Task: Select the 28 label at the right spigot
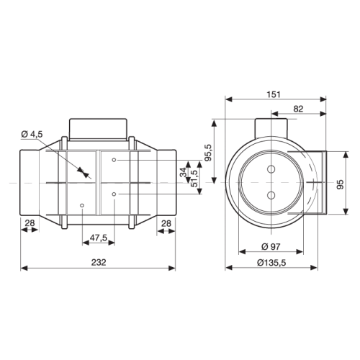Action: pos(166,224)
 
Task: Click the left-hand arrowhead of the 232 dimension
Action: pos(21,269)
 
